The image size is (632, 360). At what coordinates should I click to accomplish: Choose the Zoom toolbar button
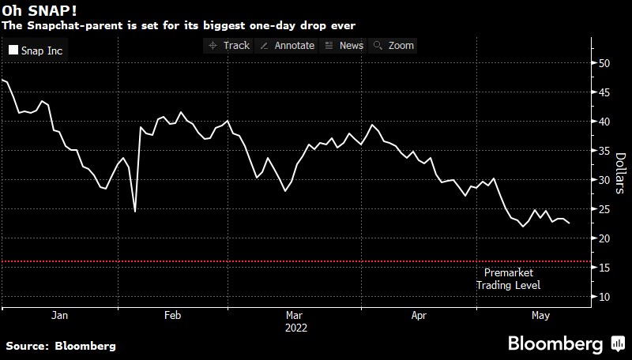[x=394, y=45]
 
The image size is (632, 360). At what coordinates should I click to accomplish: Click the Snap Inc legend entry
[x=36, y=51]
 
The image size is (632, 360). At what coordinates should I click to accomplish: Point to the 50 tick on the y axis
[x=605, y=63]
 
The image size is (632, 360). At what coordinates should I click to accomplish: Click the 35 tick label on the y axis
[x=605, y=151]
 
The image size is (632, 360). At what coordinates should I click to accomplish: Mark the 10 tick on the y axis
[x=605, y=297]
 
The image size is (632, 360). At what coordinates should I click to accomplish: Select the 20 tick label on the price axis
[x=605, y=238]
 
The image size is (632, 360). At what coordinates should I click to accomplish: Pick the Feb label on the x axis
[x=173, y=316]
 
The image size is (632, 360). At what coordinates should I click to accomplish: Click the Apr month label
[x=419, y=316]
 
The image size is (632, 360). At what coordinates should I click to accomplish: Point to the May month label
[x=540, y=316]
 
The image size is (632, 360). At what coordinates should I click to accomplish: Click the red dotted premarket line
[x=237, y=261]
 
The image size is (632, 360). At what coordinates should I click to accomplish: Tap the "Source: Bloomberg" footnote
[x=61, y=346]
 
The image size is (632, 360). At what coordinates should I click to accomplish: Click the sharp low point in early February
[x=135, y=211]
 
